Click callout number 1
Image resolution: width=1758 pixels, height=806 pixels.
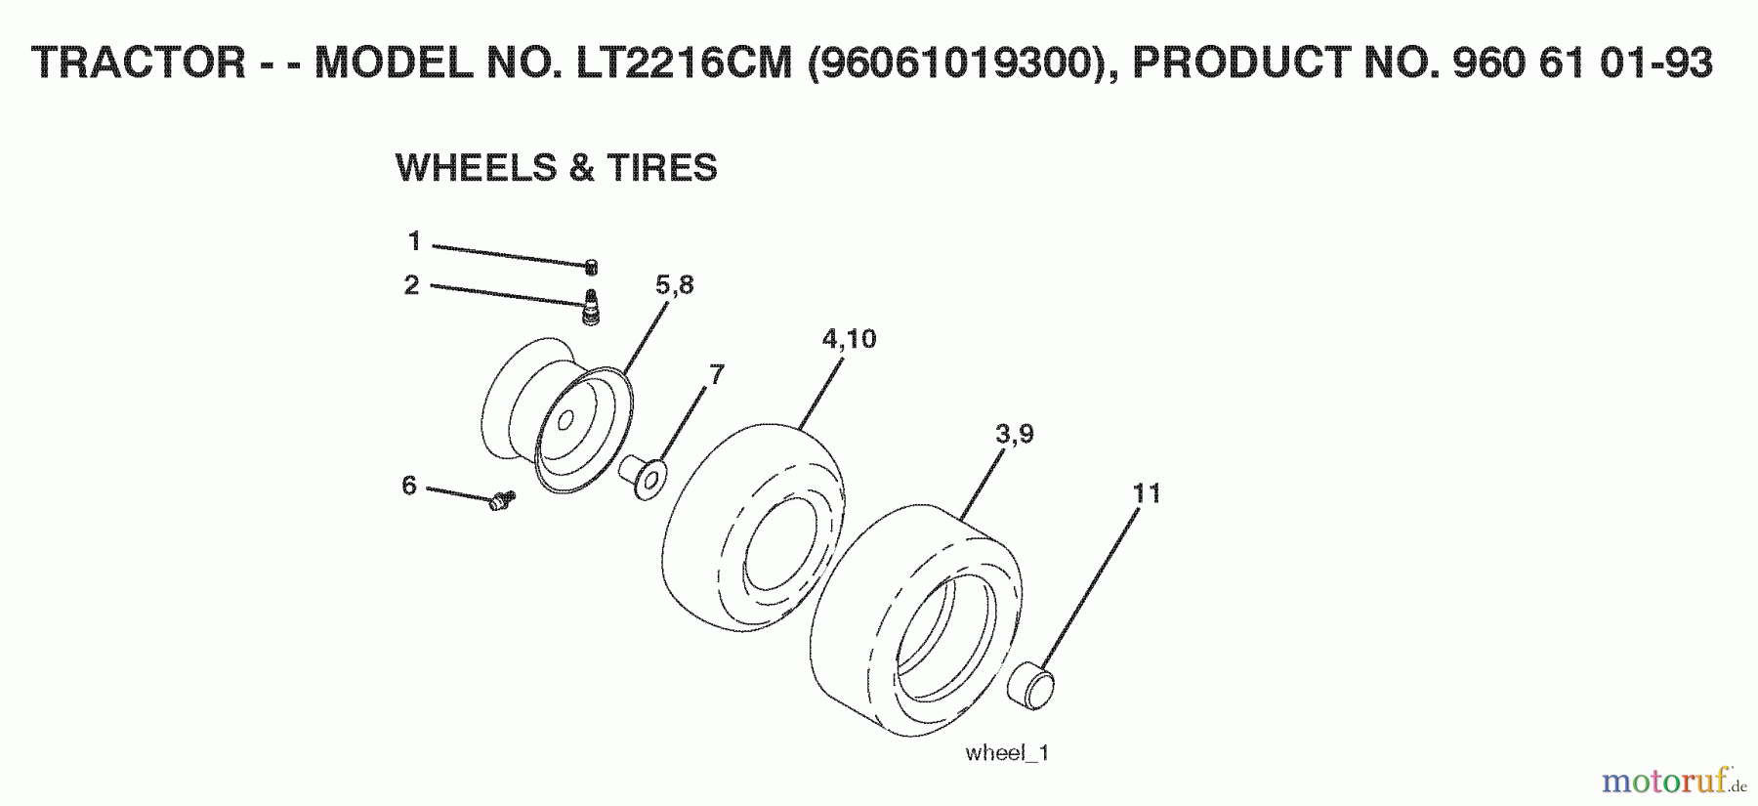click(x=414, y=240)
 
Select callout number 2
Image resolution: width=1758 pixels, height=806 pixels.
click(x=412, y=284)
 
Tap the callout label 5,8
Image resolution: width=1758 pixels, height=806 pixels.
click(x=674, y=284)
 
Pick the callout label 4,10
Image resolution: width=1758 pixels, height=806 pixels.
click(x=849, y=338)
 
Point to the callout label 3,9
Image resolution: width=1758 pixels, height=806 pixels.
click(x=1014, y=433)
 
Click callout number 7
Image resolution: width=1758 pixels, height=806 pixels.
click(x=717, y=374)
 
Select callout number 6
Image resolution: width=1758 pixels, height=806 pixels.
click(x=409, y=485)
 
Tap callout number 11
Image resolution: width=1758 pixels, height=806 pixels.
click(x=1147, y=492)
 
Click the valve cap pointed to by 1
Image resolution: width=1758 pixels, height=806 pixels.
click(x=591, y=267)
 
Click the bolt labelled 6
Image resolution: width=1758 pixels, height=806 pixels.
click(x=502, y=501)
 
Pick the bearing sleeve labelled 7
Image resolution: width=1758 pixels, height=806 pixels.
click(x=644, y=477)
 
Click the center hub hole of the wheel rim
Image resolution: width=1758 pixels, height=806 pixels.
click(x=565, y=420)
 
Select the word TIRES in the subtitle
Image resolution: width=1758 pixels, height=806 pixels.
click(x=662, y=168)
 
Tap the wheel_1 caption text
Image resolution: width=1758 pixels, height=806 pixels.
click(x=1006, y=752)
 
